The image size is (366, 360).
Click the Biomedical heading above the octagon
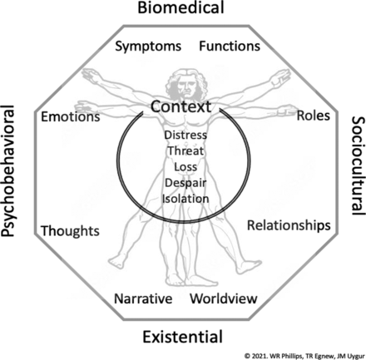[x=181, y=7]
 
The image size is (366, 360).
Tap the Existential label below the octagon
[x=183, y=337]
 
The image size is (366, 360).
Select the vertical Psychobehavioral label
[x=7, y=170]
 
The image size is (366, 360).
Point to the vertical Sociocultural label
[x=359, y=165]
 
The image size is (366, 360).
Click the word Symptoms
[x=148, y=47]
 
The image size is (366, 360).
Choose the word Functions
[x=230, y=46]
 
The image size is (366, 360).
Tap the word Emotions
[x=71, y=116]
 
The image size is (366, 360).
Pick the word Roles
[x=314, y=116]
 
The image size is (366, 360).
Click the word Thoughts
[x=70, y=231]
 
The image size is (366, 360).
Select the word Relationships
[x=289, y=225]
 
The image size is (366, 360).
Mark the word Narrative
[x=143, y=298]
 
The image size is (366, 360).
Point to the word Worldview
[x=224, y=298]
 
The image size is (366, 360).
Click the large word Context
[x=181, y=106]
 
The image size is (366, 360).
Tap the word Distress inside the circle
[x=185, y=135]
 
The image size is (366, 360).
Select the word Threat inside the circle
[x=185, y=150]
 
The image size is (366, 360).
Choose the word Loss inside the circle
[x=185, y=167]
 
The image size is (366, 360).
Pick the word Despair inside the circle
[x=185, y=183]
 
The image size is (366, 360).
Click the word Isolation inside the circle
[x=185, y=199]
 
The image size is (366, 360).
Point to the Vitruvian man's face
[x=186, y=86]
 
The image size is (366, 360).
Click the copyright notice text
[x=304, y=356]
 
